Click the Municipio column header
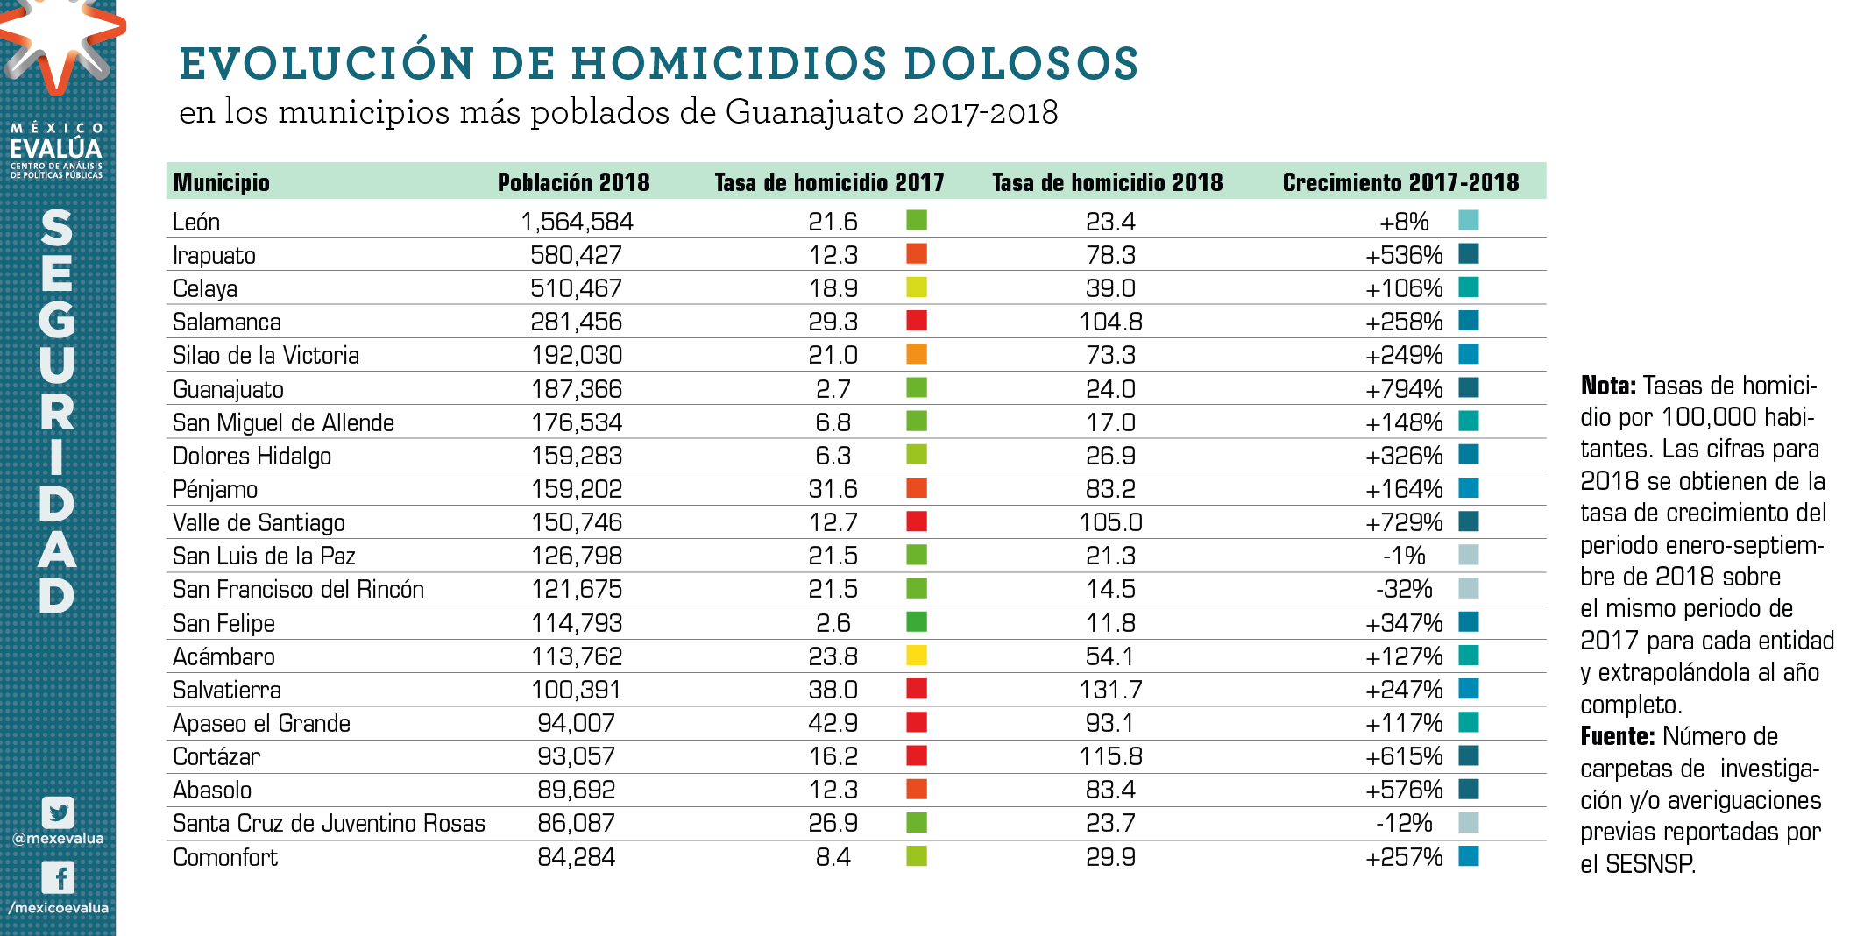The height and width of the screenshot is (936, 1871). pos(221,182)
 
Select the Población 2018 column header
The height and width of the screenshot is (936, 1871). pos(573,182)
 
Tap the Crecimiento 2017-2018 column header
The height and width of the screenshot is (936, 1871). pos(1400,182)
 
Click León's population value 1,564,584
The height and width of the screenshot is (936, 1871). pos(577,222)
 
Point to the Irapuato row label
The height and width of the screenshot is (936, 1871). pos(214,256)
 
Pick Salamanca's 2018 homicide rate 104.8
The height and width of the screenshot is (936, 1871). pos(1110,323)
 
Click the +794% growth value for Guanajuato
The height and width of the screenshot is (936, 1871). pos(1404,389)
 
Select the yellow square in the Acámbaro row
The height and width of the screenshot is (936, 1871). pos(917,656)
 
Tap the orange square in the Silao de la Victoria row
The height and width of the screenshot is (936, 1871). pos(917,354)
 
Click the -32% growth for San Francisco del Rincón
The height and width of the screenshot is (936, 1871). pos(1404,589)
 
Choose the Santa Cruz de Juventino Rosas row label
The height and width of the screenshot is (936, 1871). pos(329,824)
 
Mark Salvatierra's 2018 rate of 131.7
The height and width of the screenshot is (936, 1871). pos(1110,691)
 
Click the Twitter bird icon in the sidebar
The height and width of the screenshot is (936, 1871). pos(58,812)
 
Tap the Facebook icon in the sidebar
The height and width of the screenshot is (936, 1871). pos(58,877)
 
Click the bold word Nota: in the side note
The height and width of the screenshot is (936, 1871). pos(1608,386)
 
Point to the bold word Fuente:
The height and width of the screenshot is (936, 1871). pos(1617,736)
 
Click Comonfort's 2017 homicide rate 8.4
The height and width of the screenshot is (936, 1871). pos(833,857)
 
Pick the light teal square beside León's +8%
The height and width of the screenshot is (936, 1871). pos(1469,220)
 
